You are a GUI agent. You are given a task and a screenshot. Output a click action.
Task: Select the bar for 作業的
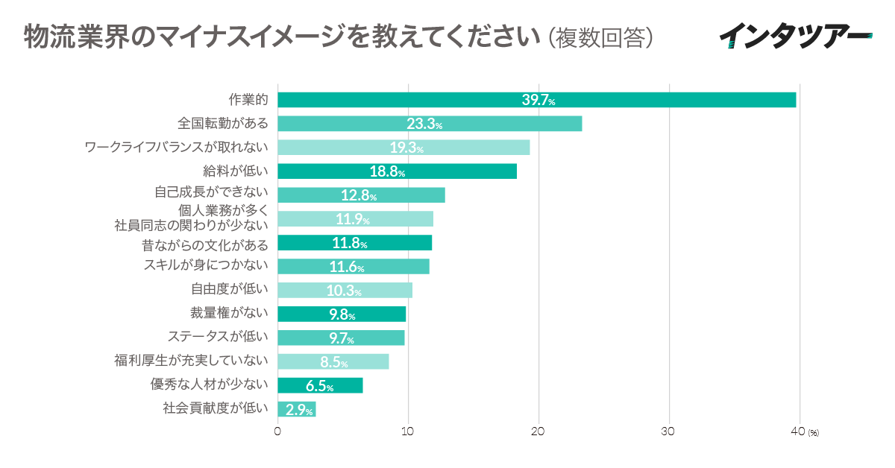click(536, 100)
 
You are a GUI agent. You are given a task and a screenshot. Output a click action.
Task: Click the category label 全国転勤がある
click(222, 124)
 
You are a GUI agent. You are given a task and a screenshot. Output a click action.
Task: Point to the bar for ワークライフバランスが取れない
click(403, 148)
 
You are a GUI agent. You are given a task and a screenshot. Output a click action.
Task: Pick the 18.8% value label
click(387, 172)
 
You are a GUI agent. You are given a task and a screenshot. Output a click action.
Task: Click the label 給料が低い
click(235, 171)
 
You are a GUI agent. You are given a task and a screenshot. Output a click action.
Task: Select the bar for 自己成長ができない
click(361, 195)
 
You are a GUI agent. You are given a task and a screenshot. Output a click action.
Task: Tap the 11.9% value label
click(352, 219)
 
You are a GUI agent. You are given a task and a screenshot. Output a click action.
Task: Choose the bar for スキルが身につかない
click(354, 267)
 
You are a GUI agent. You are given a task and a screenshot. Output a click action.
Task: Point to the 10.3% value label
click(344, 291)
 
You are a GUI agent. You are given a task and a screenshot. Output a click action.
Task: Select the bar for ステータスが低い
click(341, 338)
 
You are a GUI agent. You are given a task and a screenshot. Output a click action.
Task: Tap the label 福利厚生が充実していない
click(190, 361)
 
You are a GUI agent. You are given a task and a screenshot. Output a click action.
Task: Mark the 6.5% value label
click(319, 386)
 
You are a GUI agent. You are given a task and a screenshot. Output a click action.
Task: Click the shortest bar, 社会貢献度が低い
click(296, 409)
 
